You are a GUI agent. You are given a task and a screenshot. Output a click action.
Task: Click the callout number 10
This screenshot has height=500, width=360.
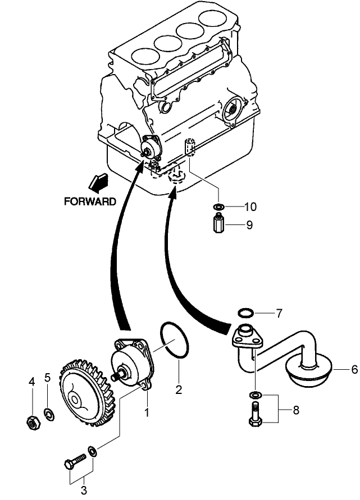point(250,207)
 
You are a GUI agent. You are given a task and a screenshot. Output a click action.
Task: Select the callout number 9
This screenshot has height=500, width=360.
point(249,225)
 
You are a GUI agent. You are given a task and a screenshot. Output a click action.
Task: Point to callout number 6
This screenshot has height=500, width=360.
point(339,370)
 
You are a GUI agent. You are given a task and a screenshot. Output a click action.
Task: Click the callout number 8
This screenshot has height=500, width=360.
point(295,410)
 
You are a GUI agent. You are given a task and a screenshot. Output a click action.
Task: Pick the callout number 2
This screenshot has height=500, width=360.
point(179,389)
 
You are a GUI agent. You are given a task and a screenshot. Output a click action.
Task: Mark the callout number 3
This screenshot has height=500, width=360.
point(84,490)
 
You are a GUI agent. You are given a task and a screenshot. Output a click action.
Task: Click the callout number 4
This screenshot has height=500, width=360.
point(32,382)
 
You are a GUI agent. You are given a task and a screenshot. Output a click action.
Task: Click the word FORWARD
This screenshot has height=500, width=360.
point(90,201)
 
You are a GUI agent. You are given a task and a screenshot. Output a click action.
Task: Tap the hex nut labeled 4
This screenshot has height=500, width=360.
point(33,421)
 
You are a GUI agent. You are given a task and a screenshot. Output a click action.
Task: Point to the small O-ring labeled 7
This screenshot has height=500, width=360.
point(245,312)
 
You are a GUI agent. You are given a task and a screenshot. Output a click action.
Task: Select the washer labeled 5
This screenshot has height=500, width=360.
point(49,415)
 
